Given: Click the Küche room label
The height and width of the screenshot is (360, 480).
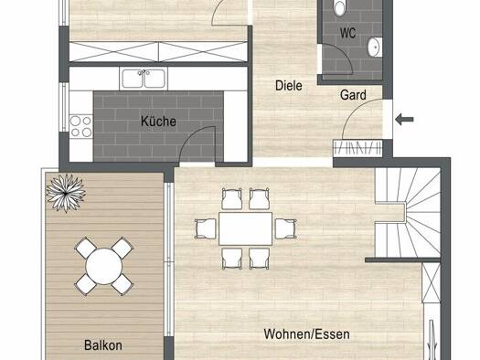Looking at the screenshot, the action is point(158,122).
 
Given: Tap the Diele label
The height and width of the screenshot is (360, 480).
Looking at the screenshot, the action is point(289,85).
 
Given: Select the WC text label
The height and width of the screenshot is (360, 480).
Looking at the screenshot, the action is point(347,33).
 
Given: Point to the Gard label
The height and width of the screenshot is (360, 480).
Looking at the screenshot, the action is point(353,95).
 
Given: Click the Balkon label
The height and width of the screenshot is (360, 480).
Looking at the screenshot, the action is point(103,345).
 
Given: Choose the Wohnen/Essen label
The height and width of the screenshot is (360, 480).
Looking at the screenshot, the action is point(306,334).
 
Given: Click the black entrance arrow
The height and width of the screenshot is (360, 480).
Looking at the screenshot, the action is point(404,119).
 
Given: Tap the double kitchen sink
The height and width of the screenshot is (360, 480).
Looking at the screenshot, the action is point(144,79).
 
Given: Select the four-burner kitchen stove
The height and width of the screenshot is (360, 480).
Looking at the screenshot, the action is point(81,126).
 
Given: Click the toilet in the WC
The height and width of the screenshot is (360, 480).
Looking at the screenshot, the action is point(339,7).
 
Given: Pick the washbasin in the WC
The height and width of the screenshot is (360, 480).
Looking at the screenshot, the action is point(375,48).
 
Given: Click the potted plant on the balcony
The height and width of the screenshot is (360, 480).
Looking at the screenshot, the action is point(66,193).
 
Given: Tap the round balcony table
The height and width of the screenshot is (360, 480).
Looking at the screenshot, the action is point(104,266).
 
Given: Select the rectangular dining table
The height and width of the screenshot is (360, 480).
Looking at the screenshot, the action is point(246,228).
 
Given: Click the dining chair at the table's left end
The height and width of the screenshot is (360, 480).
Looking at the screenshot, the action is point(206,228).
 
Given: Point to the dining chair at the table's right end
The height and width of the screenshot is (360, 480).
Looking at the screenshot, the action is point(285,228).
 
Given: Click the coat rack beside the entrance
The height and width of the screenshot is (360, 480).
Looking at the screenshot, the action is point(357,148).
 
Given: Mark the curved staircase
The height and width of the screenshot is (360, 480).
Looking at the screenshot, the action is point(408,213).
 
